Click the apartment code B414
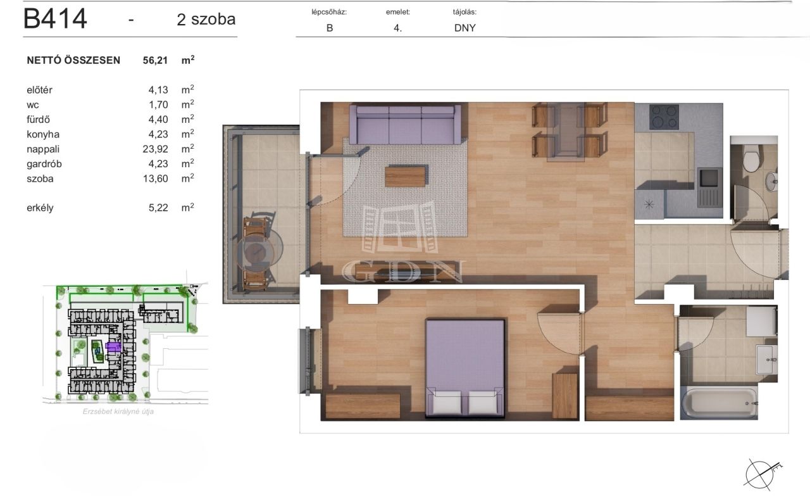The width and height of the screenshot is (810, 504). (55, 18)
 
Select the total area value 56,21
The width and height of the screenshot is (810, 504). (155, 60)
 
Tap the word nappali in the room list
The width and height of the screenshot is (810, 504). (43, 149)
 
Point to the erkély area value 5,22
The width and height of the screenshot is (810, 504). (158, 208)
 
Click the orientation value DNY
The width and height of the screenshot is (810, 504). (464, 28)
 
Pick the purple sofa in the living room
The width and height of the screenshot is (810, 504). (405, 125)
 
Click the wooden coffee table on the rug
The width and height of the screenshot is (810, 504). (405, 177)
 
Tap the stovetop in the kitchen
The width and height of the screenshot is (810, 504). (664, 117)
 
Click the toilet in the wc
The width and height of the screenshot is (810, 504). (751, 158)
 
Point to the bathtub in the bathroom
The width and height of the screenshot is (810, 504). (719, 403)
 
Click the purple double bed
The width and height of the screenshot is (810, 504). (465, 368)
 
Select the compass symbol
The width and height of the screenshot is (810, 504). (761, 474)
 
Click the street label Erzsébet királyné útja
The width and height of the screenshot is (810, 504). (118, 412)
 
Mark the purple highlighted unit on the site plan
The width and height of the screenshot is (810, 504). (113, 346)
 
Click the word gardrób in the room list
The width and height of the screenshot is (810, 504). (44, 164)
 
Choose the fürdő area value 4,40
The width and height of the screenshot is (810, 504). (158, 120)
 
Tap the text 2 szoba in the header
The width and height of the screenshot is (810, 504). (206, 19)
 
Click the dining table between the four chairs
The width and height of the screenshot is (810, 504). (566, 132)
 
